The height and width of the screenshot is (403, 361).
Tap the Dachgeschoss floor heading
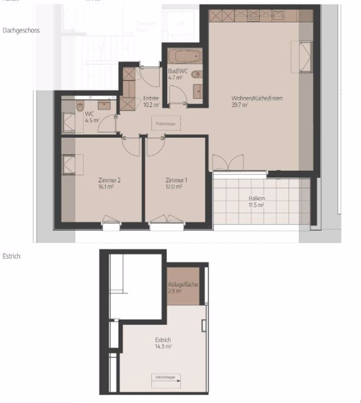pos(21,31)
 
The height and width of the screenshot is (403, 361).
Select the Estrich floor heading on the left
pos(11,257)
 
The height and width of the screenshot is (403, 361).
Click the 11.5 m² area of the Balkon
pos(256,205)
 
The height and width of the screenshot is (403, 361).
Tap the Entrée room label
pos(150,98)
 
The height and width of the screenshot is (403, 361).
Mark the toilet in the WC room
pos(80,107)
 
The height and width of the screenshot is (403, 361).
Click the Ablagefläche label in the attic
pos(183,284)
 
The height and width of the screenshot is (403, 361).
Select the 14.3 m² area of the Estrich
pos(164,346)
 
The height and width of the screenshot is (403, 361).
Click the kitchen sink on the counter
pos(278,15)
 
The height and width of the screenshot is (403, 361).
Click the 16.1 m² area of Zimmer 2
pos(109,187)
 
